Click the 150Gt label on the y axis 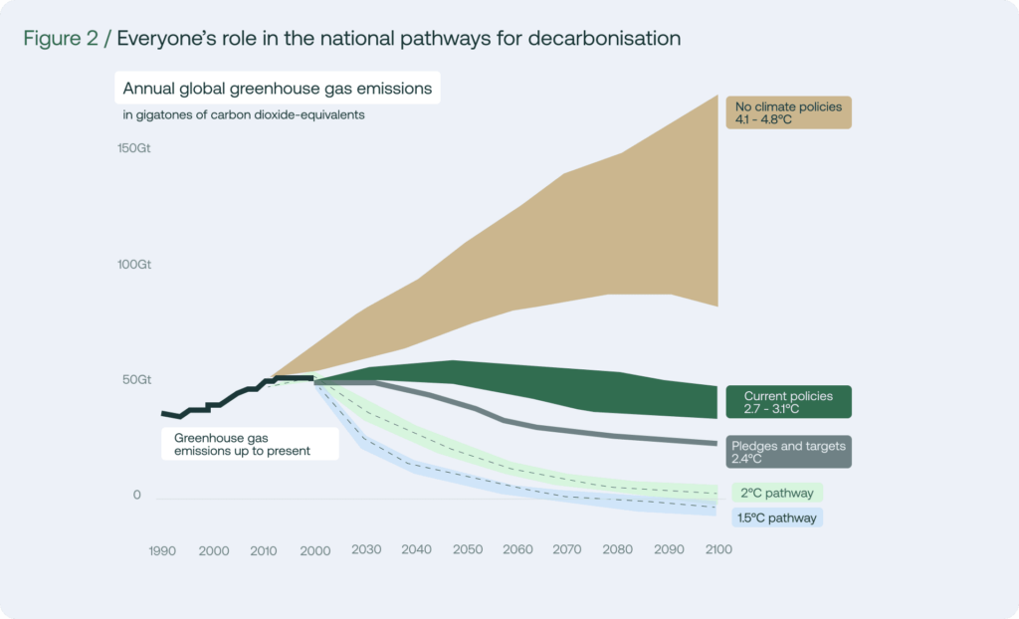(x=134, y=148)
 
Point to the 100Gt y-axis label (x=134, y=265)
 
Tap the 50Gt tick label (x=136, y=380)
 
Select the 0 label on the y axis (x=136, y=495)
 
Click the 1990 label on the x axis (x=162, y=550)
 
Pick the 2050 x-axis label (x=468, y=549)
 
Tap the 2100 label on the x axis (x=718, y=549)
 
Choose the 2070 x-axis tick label (x=566, y=549)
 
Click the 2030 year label (x=366, y=549)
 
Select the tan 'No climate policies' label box (x=788, y=112)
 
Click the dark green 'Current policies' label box (x=788, y=402)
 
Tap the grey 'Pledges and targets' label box (x=788, y=452)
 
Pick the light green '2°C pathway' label (x=777, y=493)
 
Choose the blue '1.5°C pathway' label (x=777, y=517)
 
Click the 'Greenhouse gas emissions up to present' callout (x=250, y=444)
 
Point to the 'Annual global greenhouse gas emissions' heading (x=278, y=88)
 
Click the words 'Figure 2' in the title (x=61, y=39)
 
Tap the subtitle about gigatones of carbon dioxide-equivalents (x=244, y=115)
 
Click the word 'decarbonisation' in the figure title (x=604, y=39)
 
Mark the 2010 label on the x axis (x=264, y=550)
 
